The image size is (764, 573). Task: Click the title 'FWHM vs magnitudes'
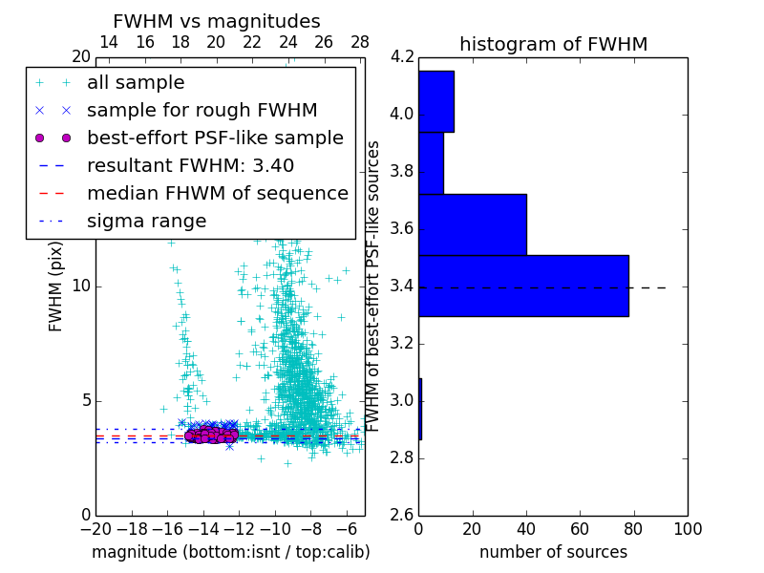coord(217,22)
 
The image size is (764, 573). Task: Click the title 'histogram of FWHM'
coord(553,45)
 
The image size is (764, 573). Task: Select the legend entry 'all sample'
coord(136,83)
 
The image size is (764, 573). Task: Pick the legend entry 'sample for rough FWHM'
coord(202,111)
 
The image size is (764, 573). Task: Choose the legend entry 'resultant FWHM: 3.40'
coord(190,165)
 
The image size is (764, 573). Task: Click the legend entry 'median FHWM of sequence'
coord(217,193)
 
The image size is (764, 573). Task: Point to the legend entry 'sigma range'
coord(146,221)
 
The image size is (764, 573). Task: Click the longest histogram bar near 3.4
coord(523,286)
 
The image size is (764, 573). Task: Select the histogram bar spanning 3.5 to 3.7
coord(473,224)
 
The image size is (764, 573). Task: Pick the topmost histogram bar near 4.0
coord(436,101)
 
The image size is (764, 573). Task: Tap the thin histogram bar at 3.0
coord(420,409)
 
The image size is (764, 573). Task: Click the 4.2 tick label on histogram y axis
coord(403,58)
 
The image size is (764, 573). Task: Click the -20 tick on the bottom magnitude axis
coord(95,530)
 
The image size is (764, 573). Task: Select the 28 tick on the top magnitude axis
coord(360,43)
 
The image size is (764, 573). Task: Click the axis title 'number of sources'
coord(553,552)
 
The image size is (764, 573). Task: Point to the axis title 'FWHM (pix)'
coord(56,286)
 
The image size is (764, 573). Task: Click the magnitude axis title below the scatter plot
coord(230,552)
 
